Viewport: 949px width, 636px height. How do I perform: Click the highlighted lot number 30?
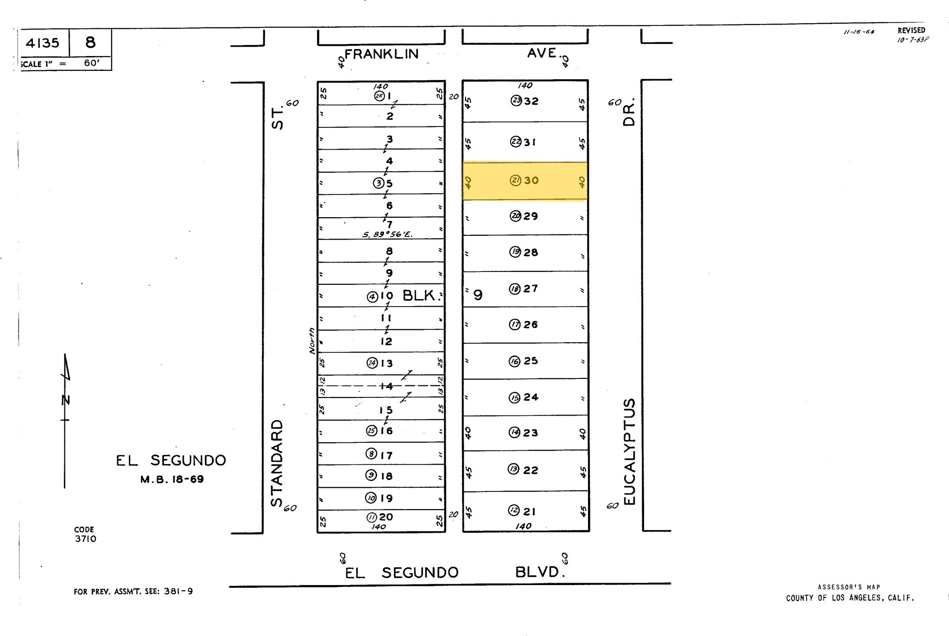531,181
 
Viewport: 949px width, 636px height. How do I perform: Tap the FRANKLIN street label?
381,54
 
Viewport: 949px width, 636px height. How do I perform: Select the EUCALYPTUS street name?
629,452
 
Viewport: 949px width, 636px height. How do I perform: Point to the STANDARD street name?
277,463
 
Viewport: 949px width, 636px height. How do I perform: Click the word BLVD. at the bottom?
540,572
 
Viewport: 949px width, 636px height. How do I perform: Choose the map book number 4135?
43,43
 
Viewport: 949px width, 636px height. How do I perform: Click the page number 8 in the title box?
90,43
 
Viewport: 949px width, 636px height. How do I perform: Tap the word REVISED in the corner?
911,31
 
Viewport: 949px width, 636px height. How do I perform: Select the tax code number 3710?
86,539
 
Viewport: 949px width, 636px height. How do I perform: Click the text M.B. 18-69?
172,479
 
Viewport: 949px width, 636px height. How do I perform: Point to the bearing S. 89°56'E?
387,234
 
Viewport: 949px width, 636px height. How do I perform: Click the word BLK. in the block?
420,296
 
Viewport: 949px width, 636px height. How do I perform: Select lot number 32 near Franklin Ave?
531,101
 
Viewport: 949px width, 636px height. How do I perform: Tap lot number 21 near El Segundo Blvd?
530,511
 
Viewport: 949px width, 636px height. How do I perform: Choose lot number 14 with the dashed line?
386,386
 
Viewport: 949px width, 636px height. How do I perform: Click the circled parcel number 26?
380,96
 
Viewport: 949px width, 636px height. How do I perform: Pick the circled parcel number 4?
372,296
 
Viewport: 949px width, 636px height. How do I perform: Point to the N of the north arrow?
66,399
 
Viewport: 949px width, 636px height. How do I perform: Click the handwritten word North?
312,341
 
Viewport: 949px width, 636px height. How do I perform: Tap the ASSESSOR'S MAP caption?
849,587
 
